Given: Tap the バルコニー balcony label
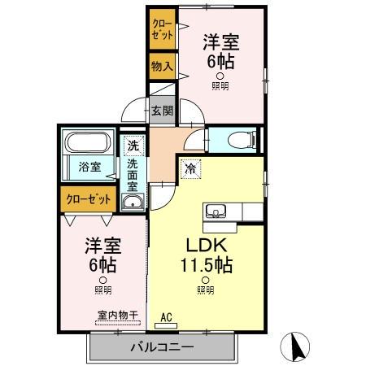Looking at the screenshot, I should click(x=163, y=348).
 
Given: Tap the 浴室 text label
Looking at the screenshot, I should click(x=89, y=168).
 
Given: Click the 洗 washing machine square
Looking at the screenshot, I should click(x=133, y=146).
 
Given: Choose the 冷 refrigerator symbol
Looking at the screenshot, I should click(x=190, y=170).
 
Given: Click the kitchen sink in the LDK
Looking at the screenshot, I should click(x=217, y=213).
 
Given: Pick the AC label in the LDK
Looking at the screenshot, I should click(x=166, y=317).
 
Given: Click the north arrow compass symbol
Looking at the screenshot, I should click(x=294, y=347).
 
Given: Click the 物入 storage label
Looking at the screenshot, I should click(x=161, y=65).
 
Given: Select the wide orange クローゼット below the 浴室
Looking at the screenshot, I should click(x=88, y=198).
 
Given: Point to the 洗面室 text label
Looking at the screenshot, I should click(x=133, y=174).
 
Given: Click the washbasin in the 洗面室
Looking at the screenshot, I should click(x=133, y=202).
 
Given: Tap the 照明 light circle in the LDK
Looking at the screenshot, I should click(x=205, y=279).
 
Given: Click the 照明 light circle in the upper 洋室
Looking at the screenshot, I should click(x=220, y=76).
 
